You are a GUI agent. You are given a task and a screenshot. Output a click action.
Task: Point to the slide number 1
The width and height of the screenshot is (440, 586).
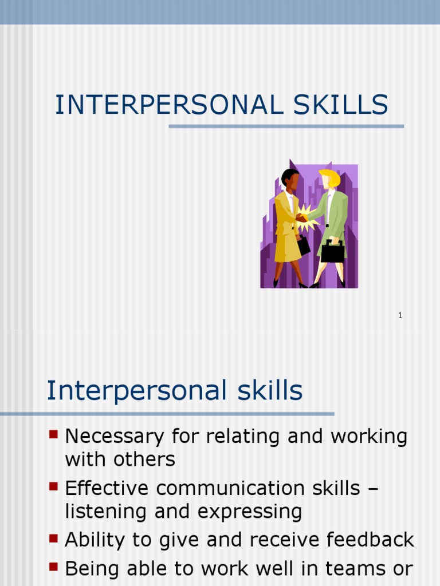[x=400, y=315]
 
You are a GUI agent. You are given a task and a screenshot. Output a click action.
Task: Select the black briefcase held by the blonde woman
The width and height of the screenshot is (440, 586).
[x=332, y=251]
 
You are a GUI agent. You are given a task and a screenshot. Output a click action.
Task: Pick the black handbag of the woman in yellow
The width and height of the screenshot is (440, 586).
[x=303, y=246]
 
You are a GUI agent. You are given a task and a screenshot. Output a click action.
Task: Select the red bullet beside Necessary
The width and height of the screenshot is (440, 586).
[x=54, y=435]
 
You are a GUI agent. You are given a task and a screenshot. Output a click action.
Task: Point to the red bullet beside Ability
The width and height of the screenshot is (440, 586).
[x=54, y=538]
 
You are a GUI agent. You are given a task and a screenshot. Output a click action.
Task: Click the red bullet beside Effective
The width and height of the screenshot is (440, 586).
[x=54, y=486]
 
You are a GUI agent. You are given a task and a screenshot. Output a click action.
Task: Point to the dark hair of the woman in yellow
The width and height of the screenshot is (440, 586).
[x=288, y=175]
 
